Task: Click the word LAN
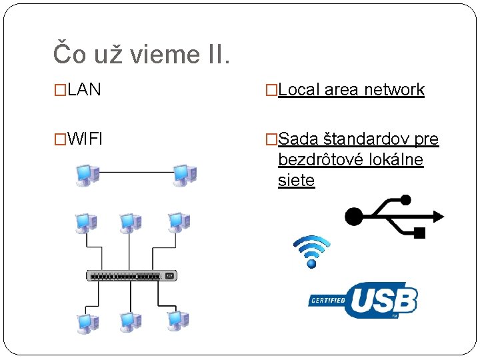pos(84,90)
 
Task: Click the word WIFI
pos(85,139)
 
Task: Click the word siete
pos(296,181)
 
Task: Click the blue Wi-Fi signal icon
pos(311,251)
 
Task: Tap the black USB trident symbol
pos(393,215)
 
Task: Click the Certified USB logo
pos(363,300)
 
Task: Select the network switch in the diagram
pos(131,275)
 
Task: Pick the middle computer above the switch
pos(130,224)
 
